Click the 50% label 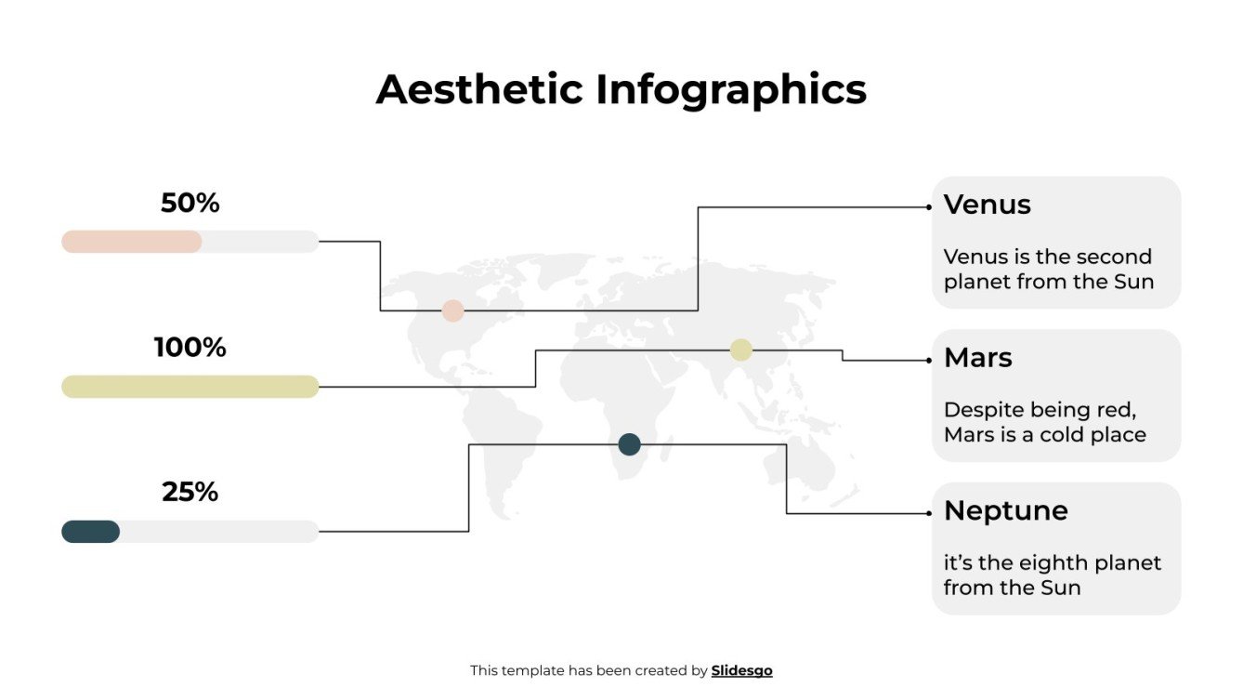[x=190, y=203]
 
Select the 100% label [x=190, y=348]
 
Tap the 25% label [x=190, y=492]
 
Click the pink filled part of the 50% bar [x=131, y=242]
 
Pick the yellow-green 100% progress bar [x=190, y=387]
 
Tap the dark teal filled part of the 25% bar [x=90, y=532]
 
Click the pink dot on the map [x=452, y=310]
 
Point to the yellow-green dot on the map [x=740, y=350]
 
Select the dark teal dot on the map [x=629, y=444]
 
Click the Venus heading [x=987, y=205]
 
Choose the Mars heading [x=977, y=358]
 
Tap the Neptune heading [x=1005, y=510]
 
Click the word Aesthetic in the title [x=479, y=90]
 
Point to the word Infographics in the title [x=731, y=90]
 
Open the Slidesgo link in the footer [x=741, y=670]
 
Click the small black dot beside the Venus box [x=929, y=207]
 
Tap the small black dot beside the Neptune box [x=929, y=513]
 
